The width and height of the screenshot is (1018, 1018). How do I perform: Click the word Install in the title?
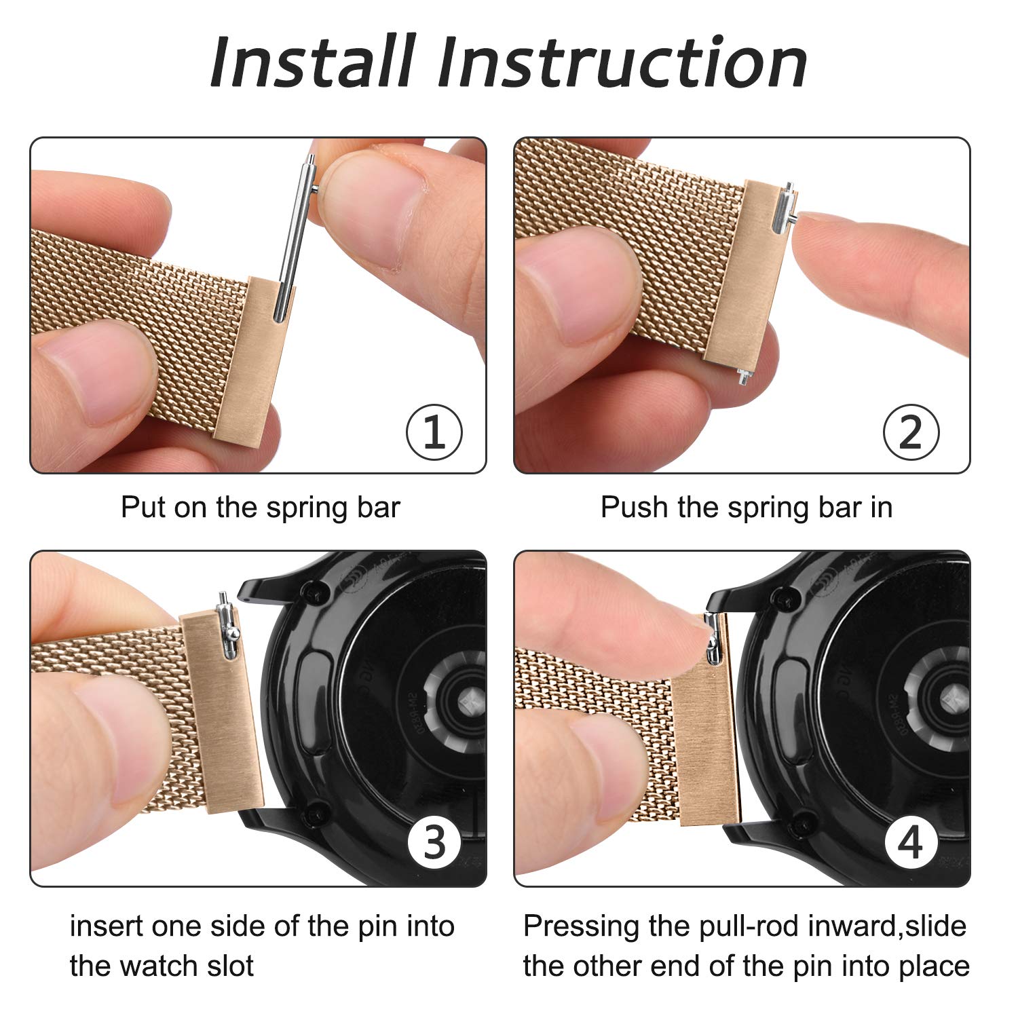click(x=313, y=62)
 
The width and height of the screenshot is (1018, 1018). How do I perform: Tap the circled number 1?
click(x=434, y=432)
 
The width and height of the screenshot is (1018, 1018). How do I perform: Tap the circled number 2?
click(x=911, y=432)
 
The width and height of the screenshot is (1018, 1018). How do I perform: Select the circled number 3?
click(x=434, y=842)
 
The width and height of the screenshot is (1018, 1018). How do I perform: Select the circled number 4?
click(x=911, y=842)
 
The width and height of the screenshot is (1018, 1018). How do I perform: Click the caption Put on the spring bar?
click(x=261, y=508)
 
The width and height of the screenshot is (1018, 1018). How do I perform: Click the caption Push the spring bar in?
click(x=746, y=508)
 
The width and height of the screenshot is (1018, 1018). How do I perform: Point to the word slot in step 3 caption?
click(x=223, y=966)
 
